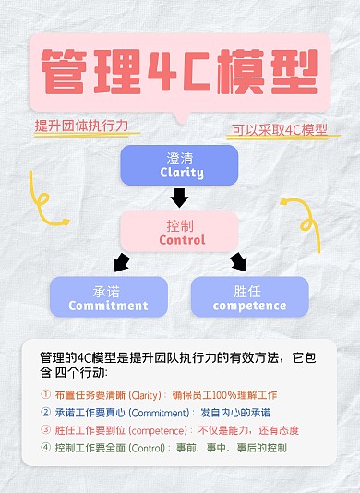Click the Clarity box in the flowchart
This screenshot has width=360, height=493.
click(179, 164)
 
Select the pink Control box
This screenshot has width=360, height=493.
click(180, 231)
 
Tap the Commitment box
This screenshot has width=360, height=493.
click(108, 296)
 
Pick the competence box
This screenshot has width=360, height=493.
click(248, 296)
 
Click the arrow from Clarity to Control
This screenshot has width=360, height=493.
click(179, 197)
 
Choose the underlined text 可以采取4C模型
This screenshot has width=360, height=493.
click(277, 130)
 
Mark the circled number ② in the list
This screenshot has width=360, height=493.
click(46, 413)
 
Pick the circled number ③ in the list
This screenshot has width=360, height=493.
click(46, 430)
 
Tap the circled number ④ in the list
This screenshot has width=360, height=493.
click(46, 448)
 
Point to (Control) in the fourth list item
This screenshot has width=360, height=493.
click(149, 448)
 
